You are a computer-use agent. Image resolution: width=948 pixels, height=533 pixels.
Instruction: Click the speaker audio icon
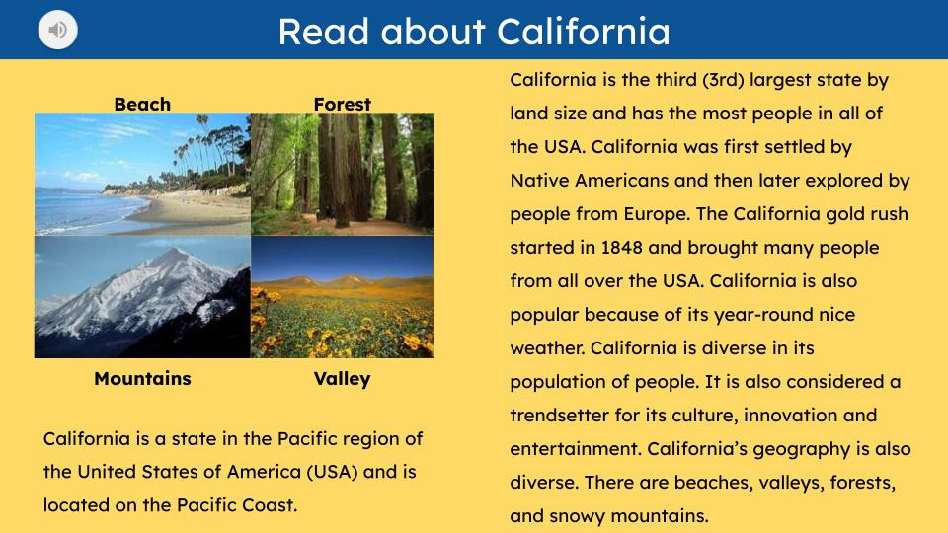58,31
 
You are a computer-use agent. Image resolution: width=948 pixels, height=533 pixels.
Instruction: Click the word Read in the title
316,32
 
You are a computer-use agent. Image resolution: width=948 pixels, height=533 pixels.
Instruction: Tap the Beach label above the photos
142,104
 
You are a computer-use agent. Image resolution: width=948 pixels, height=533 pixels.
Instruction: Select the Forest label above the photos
342,104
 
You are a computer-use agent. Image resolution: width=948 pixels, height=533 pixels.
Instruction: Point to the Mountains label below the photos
142,378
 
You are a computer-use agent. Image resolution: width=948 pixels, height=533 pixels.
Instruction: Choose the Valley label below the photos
342,378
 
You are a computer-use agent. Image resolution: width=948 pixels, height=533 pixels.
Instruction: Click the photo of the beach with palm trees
142,174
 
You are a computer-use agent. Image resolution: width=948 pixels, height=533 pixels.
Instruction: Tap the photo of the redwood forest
342,174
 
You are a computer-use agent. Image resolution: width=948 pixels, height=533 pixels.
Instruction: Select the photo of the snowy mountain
142,296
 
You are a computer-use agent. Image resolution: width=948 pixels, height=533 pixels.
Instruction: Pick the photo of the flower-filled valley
342,296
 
